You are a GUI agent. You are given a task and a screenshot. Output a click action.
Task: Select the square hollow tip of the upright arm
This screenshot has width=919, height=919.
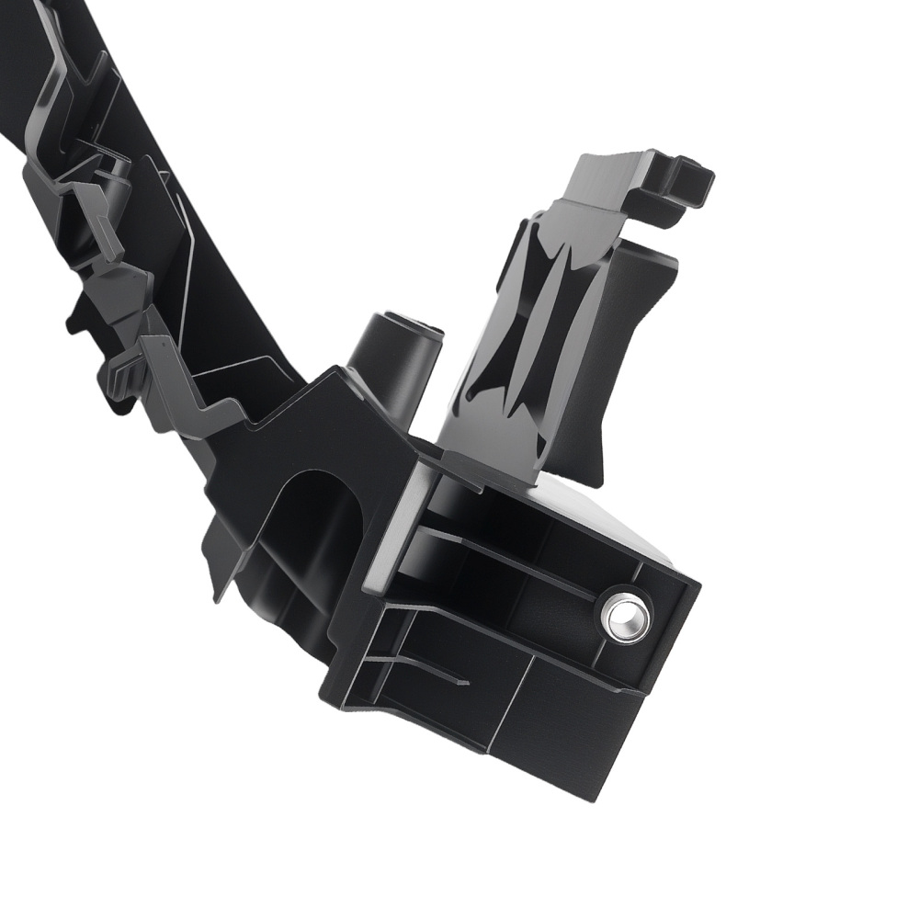684,179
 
